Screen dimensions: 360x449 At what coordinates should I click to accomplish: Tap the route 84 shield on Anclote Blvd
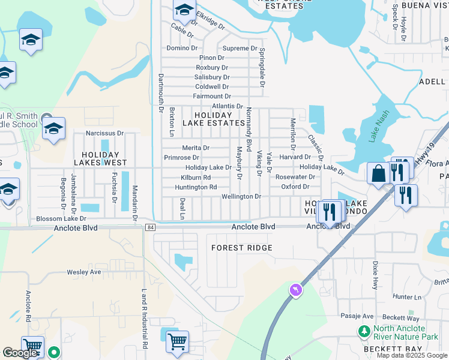pyautogui.click(x=150, y=227)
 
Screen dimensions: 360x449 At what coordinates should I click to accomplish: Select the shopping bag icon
pyautogui.click(x=379, y=174)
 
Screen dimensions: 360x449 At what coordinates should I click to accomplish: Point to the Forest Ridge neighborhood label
pyautogui.click(x=242, y=248)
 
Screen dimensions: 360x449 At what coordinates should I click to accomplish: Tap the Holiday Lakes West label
pyautogui.click(x=100, y=158)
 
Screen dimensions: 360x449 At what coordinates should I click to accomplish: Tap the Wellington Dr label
pyautogui.click(x=241, y=196)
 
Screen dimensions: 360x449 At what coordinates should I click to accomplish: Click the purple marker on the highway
pyautogui.click(x=295, y=290)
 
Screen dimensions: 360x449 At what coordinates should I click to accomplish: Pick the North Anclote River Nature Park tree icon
pyautogui.click(x=364, y=331)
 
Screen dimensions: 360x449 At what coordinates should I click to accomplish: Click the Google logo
pyautogui.click(x=20, y=353)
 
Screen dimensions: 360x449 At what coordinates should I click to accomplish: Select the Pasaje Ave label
pyautogui.click(x=358, y=316)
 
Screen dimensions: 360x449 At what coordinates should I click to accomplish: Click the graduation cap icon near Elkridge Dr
pyautogui.click(x=184, y=10)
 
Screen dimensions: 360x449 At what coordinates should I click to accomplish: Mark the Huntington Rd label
pyautogui.click(x=196, y=187)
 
